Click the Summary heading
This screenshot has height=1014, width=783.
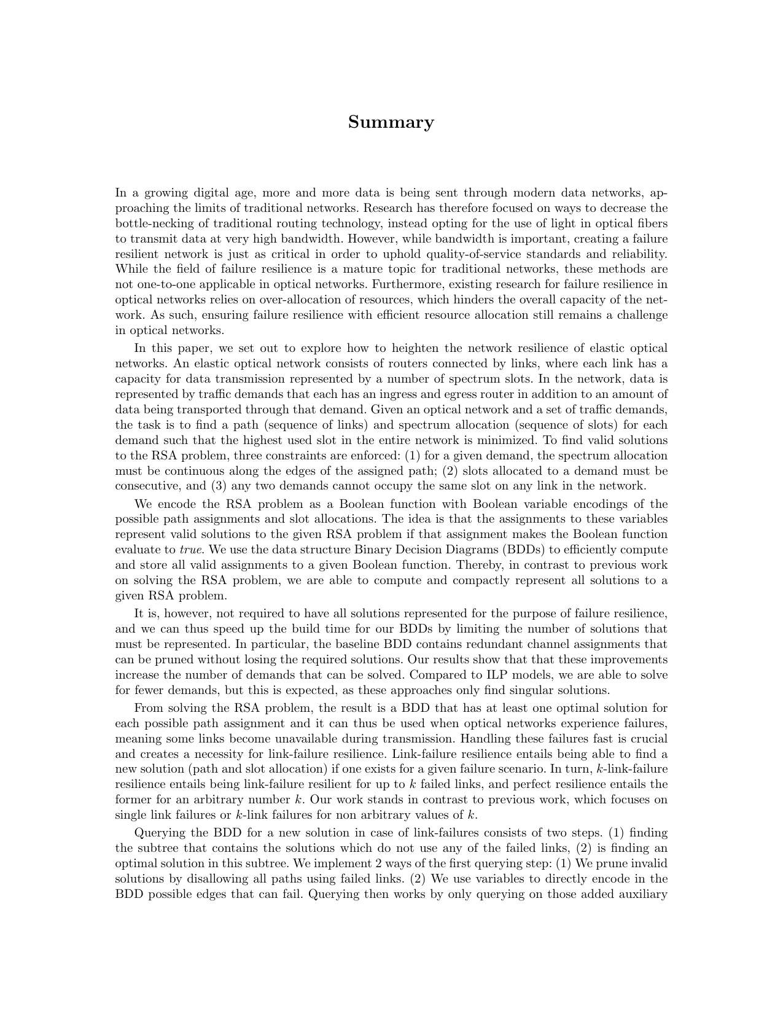(391, 122)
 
